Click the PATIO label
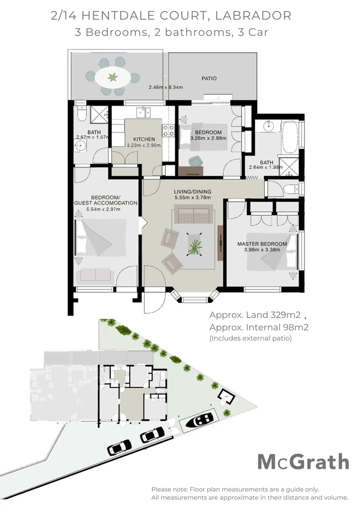[x=209, y=78]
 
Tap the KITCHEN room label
[x=144, y=140]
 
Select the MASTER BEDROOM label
[x=262, y=244]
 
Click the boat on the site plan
[x=200, y=419]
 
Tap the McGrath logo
[x=303, y=462]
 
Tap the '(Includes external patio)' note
[x=250, y=338]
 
